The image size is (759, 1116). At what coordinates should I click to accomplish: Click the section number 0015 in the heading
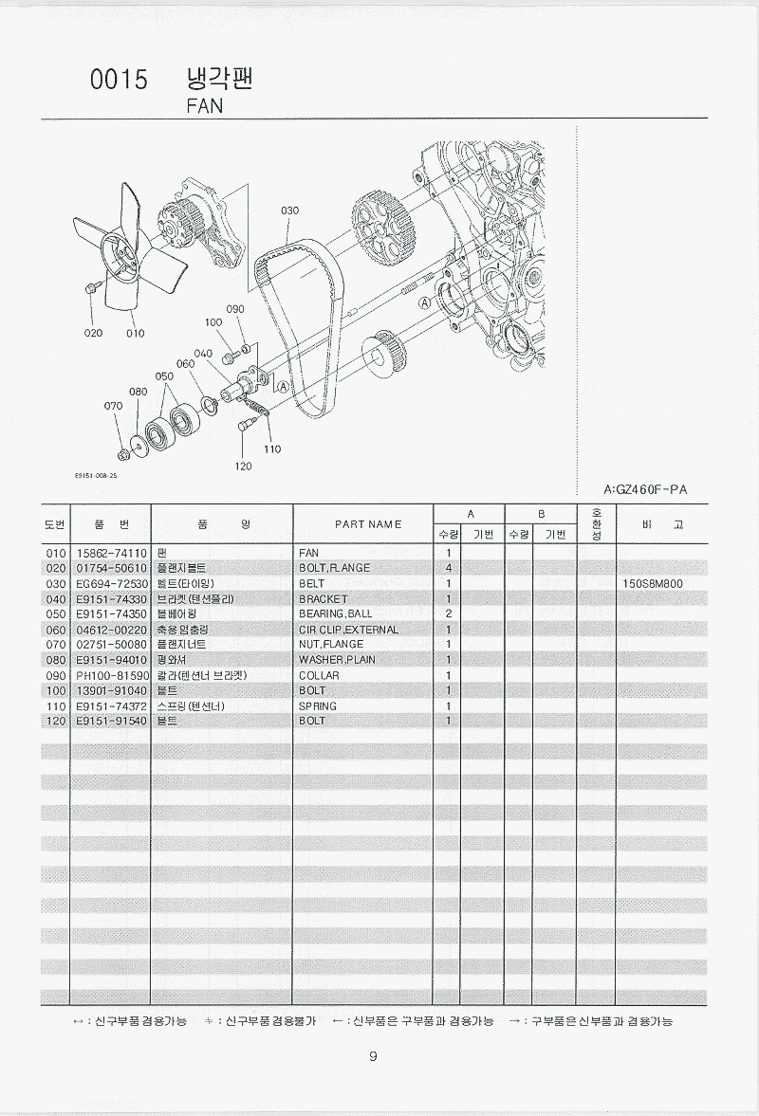tap(119, 81)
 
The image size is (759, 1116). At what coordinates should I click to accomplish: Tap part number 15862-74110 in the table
tap(109, 552)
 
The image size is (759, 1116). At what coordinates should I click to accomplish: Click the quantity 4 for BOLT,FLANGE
tap(447, 568)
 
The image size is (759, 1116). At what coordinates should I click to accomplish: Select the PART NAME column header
tap(368, 523)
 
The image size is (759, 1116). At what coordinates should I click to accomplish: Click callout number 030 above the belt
tap(289, 210)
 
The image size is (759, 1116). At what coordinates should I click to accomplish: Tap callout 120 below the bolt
tap(244, 466)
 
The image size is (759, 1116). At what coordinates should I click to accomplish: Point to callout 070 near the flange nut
tap(113, 406)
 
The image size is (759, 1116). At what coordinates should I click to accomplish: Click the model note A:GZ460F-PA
tap(645, 489)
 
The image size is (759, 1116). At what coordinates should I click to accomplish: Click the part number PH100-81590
tap(109, 675)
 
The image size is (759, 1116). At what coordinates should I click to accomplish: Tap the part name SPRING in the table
tap(318, 705)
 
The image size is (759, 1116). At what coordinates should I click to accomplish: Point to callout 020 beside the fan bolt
tap(92, 333)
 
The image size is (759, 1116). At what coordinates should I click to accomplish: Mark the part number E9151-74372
tap(109, 705)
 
